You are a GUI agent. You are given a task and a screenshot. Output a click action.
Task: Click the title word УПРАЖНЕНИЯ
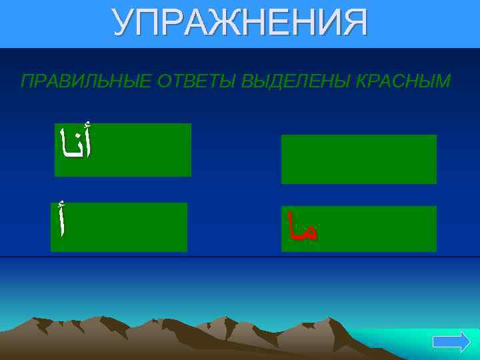[239, 23]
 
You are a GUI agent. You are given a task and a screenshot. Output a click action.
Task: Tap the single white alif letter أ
[62, 221]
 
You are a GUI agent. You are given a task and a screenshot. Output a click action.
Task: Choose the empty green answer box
[359, 159]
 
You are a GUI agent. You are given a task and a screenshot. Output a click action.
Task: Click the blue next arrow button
[451, 343]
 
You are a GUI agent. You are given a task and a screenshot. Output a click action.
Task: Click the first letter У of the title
[124, 23]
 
